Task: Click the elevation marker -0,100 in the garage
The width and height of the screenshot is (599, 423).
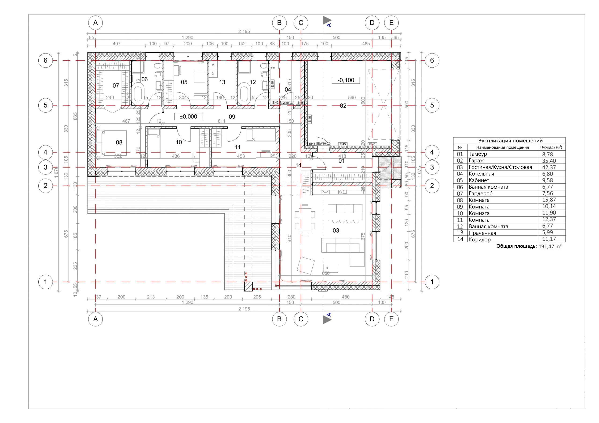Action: click(346, 80)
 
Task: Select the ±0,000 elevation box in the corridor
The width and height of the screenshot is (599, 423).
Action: click(188, 117)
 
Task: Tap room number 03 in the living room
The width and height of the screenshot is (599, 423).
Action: click(336, 230)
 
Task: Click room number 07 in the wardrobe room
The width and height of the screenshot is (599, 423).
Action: click(116, 86)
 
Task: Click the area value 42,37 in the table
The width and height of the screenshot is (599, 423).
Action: click(549, 167)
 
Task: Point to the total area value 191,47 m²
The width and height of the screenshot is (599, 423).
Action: click(550, 246)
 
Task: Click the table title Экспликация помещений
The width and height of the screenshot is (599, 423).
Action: click(510, 141)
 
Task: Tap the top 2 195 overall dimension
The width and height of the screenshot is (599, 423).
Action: click(244, 31)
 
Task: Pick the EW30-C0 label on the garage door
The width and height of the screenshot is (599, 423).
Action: click(324, 143)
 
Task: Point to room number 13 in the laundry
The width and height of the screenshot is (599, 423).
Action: click(222, 82)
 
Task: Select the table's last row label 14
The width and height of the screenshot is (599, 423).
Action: click(460, 239)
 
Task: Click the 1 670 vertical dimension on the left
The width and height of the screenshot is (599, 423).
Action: click(56, 172)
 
